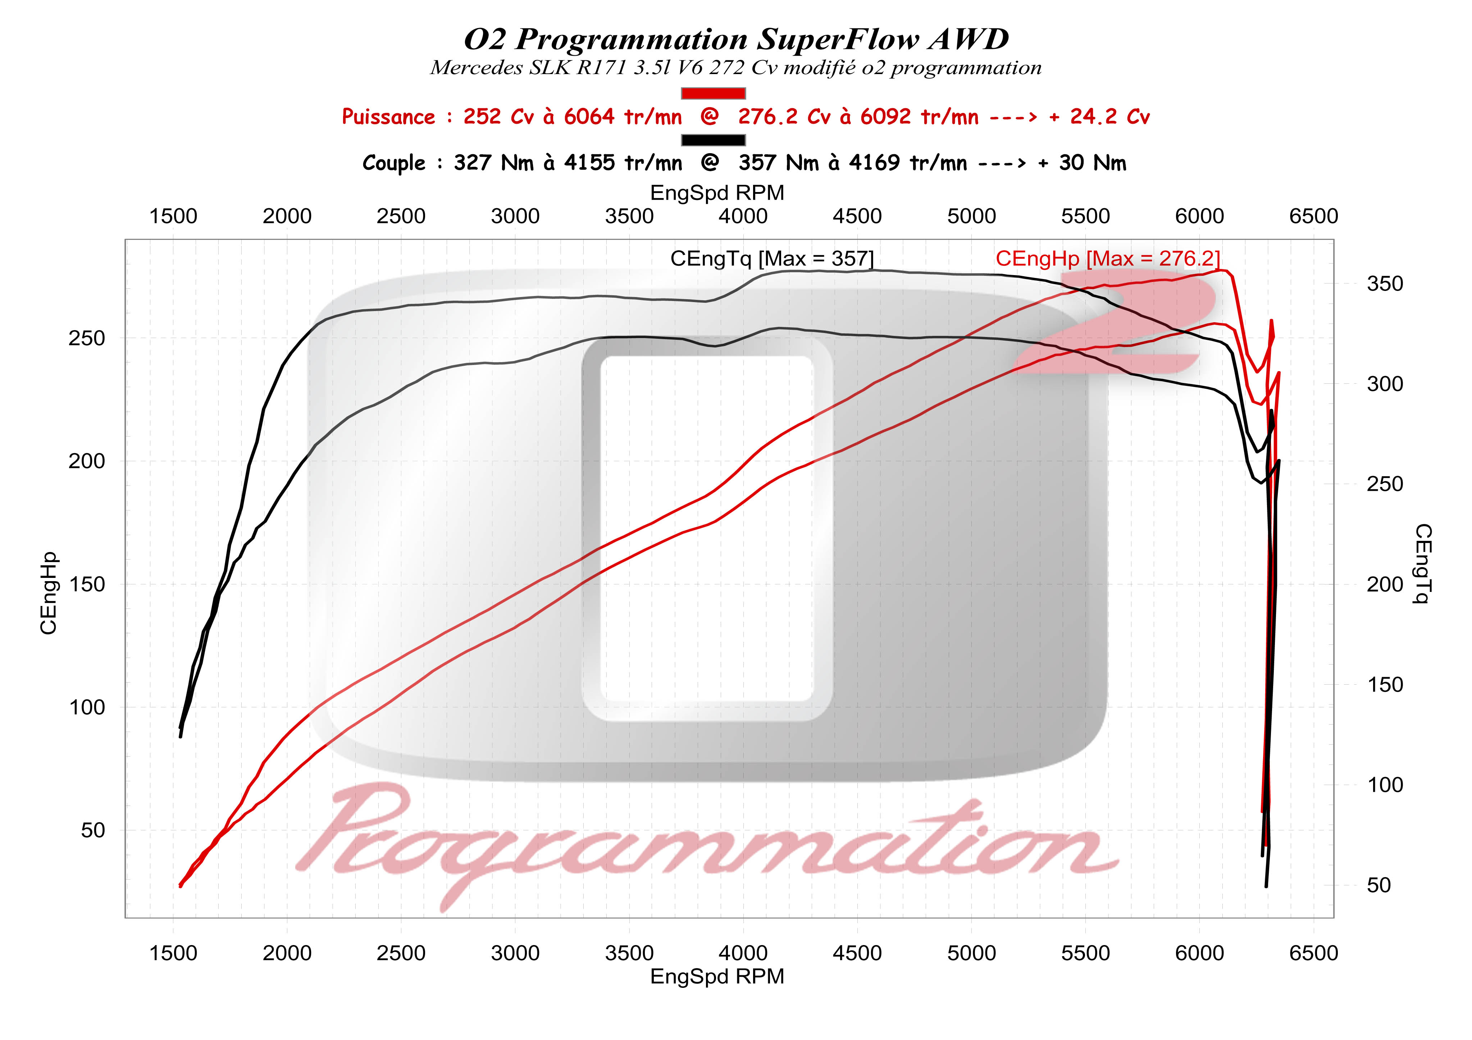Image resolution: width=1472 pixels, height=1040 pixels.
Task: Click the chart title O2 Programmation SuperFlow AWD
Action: [x=736, y=40]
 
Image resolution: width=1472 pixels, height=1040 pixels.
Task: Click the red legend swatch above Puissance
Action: [x=713, y=93]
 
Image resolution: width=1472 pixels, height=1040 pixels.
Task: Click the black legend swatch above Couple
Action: [x=713, y=140]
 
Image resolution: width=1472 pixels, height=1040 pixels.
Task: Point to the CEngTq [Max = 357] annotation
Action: [x=772, y=259]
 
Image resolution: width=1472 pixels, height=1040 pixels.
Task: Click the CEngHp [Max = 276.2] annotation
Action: [x=1107, y=259]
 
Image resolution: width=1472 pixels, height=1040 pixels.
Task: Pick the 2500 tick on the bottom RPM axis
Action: [x=401, y=953]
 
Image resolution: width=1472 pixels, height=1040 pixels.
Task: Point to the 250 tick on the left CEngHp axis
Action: [x=87, y=338]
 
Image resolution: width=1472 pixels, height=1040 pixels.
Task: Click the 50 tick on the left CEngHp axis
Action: [x=93, y=830]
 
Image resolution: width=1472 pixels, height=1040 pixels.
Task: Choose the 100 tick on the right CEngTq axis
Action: [x=1385, y=785]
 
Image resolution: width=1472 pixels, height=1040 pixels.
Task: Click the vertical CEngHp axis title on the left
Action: [x=49, y=593]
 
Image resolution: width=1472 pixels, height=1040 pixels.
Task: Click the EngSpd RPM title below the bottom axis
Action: [x=717, y=976]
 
